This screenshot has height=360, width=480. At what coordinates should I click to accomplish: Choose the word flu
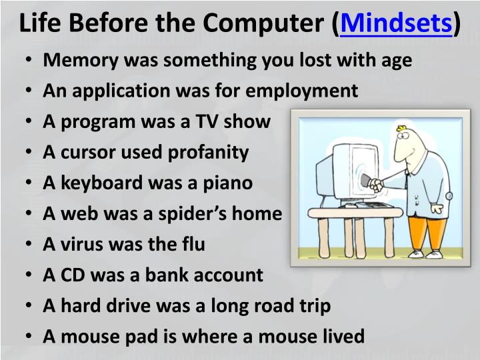[x=192, y=244]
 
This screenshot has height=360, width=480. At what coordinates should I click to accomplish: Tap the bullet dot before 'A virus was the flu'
[x=31, y=245]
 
